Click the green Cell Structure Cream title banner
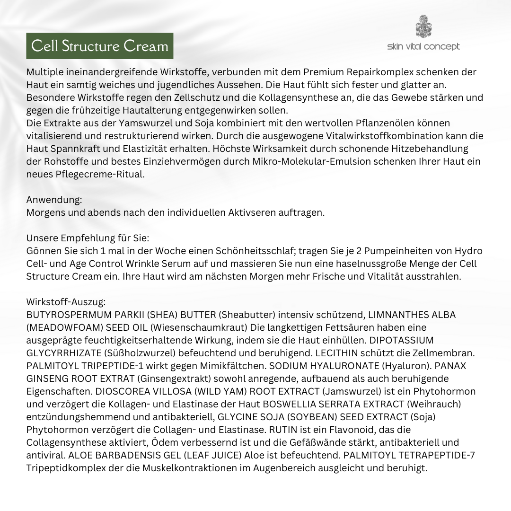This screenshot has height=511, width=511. pos(99,46)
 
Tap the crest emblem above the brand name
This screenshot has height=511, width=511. pos(423,26)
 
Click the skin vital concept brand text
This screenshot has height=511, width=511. pos(423,46)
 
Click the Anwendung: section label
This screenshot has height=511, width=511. pos(54,200)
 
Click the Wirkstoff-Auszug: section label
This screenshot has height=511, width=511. pos(66,302)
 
